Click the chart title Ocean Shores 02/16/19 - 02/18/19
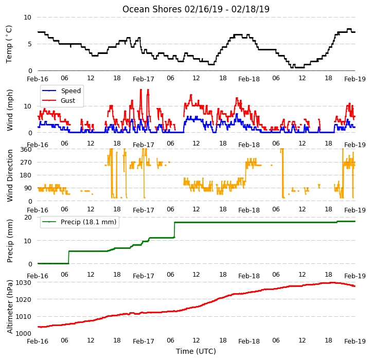196,9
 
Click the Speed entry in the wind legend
70,91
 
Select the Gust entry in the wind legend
68,100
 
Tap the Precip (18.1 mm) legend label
89,222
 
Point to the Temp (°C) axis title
9,44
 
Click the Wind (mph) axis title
9,110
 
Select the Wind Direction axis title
9,175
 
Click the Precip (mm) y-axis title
9,241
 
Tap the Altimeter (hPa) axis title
9,307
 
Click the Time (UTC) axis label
196,351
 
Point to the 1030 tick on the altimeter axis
23,283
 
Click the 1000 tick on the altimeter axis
23,333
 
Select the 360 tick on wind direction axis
26,150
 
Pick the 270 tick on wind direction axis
26,163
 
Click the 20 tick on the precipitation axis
28,218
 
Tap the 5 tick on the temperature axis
29,44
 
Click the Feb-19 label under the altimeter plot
355,341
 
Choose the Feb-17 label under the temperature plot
144,79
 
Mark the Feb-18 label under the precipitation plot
249,276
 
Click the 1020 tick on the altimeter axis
23,299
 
